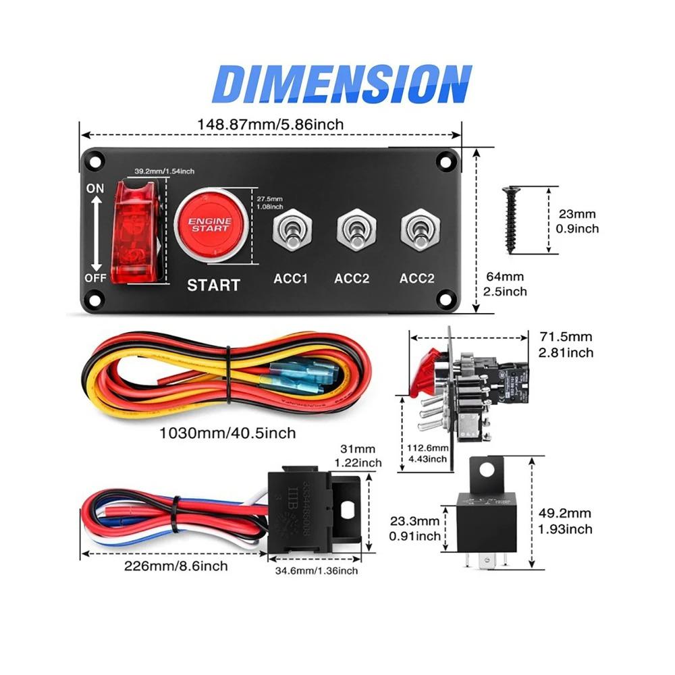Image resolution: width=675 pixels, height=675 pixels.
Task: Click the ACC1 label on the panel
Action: click(x=291, y=278)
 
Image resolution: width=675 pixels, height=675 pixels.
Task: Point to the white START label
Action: click(x=213, y=285)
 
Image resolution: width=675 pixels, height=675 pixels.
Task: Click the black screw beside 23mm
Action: click(x=510, y=219)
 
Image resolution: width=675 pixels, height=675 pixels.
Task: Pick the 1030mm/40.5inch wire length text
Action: click(x=227, y=433)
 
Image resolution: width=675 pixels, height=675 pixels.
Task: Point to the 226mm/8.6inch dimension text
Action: click(x=175, y=566)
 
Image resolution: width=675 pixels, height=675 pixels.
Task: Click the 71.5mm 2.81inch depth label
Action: click(x=566, y=344)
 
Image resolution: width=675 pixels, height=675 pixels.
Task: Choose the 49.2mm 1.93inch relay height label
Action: click(x=566, y=521)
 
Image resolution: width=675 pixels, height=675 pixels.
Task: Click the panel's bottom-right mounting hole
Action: click(x=446, y=298)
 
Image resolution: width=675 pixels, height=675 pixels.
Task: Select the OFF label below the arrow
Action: click(x=95, y=278)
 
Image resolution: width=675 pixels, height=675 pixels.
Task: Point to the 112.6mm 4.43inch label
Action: click(x=428, y=454)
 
